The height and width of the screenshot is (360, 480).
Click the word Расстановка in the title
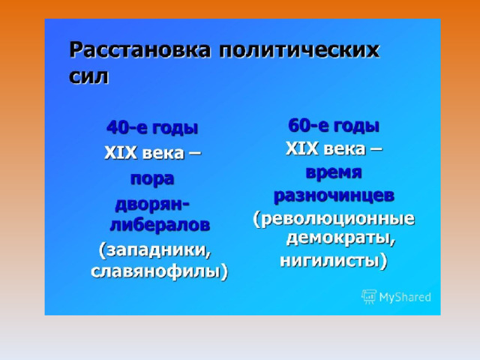(140, 50)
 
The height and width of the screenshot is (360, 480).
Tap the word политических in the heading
(299, 50)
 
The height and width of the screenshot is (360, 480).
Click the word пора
(152, 179)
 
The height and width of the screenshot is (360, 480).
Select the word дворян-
(152, 205)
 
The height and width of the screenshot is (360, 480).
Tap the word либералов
(160, 225)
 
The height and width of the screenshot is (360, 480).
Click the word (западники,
(155, 250)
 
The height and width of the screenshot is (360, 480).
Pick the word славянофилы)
(160, 271)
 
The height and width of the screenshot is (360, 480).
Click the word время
(334, 172)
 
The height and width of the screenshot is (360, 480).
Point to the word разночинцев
(334, 196)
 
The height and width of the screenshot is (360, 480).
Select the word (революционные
(334, 219)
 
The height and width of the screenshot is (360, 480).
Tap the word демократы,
(340, 238)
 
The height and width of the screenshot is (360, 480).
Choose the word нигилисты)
(334, 261)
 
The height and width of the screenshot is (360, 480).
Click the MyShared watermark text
(405, 297)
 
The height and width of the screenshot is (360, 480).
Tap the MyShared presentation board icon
(369, 297)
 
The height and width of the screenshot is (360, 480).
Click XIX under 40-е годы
(121, 153)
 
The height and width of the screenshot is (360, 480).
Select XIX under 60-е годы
(302, 149)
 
